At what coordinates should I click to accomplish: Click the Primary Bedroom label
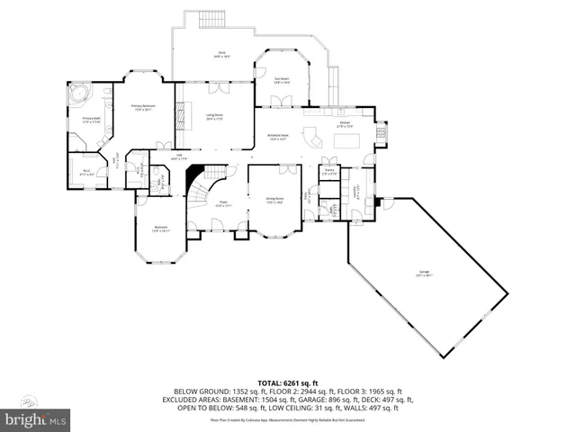tap(143, 106)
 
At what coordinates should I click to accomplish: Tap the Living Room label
tap(214, 116)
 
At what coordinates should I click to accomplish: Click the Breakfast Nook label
tap(276, 138)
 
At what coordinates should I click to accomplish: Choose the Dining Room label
tap(274, 200)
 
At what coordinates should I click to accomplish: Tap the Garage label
tap(422, 273)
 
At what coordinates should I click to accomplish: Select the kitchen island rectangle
tap(346, 139)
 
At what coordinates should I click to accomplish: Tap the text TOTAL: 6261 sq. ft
tap(287, 382)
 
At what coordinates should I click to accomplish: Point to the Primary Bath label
tap(91, 120)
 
